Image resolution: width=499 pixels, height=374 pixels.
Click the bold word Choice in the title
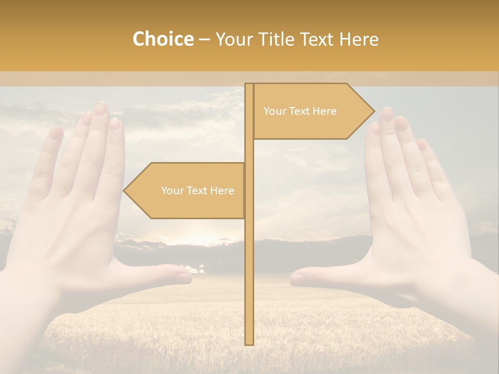(163, 39)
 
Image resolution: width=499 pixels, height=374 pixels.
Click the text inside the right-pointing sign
(300, 111)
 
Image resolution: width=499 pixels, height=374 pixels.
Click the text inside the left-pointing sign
(198, 191)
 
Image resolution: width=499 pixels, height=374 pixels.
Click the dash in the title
(204, 39)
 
